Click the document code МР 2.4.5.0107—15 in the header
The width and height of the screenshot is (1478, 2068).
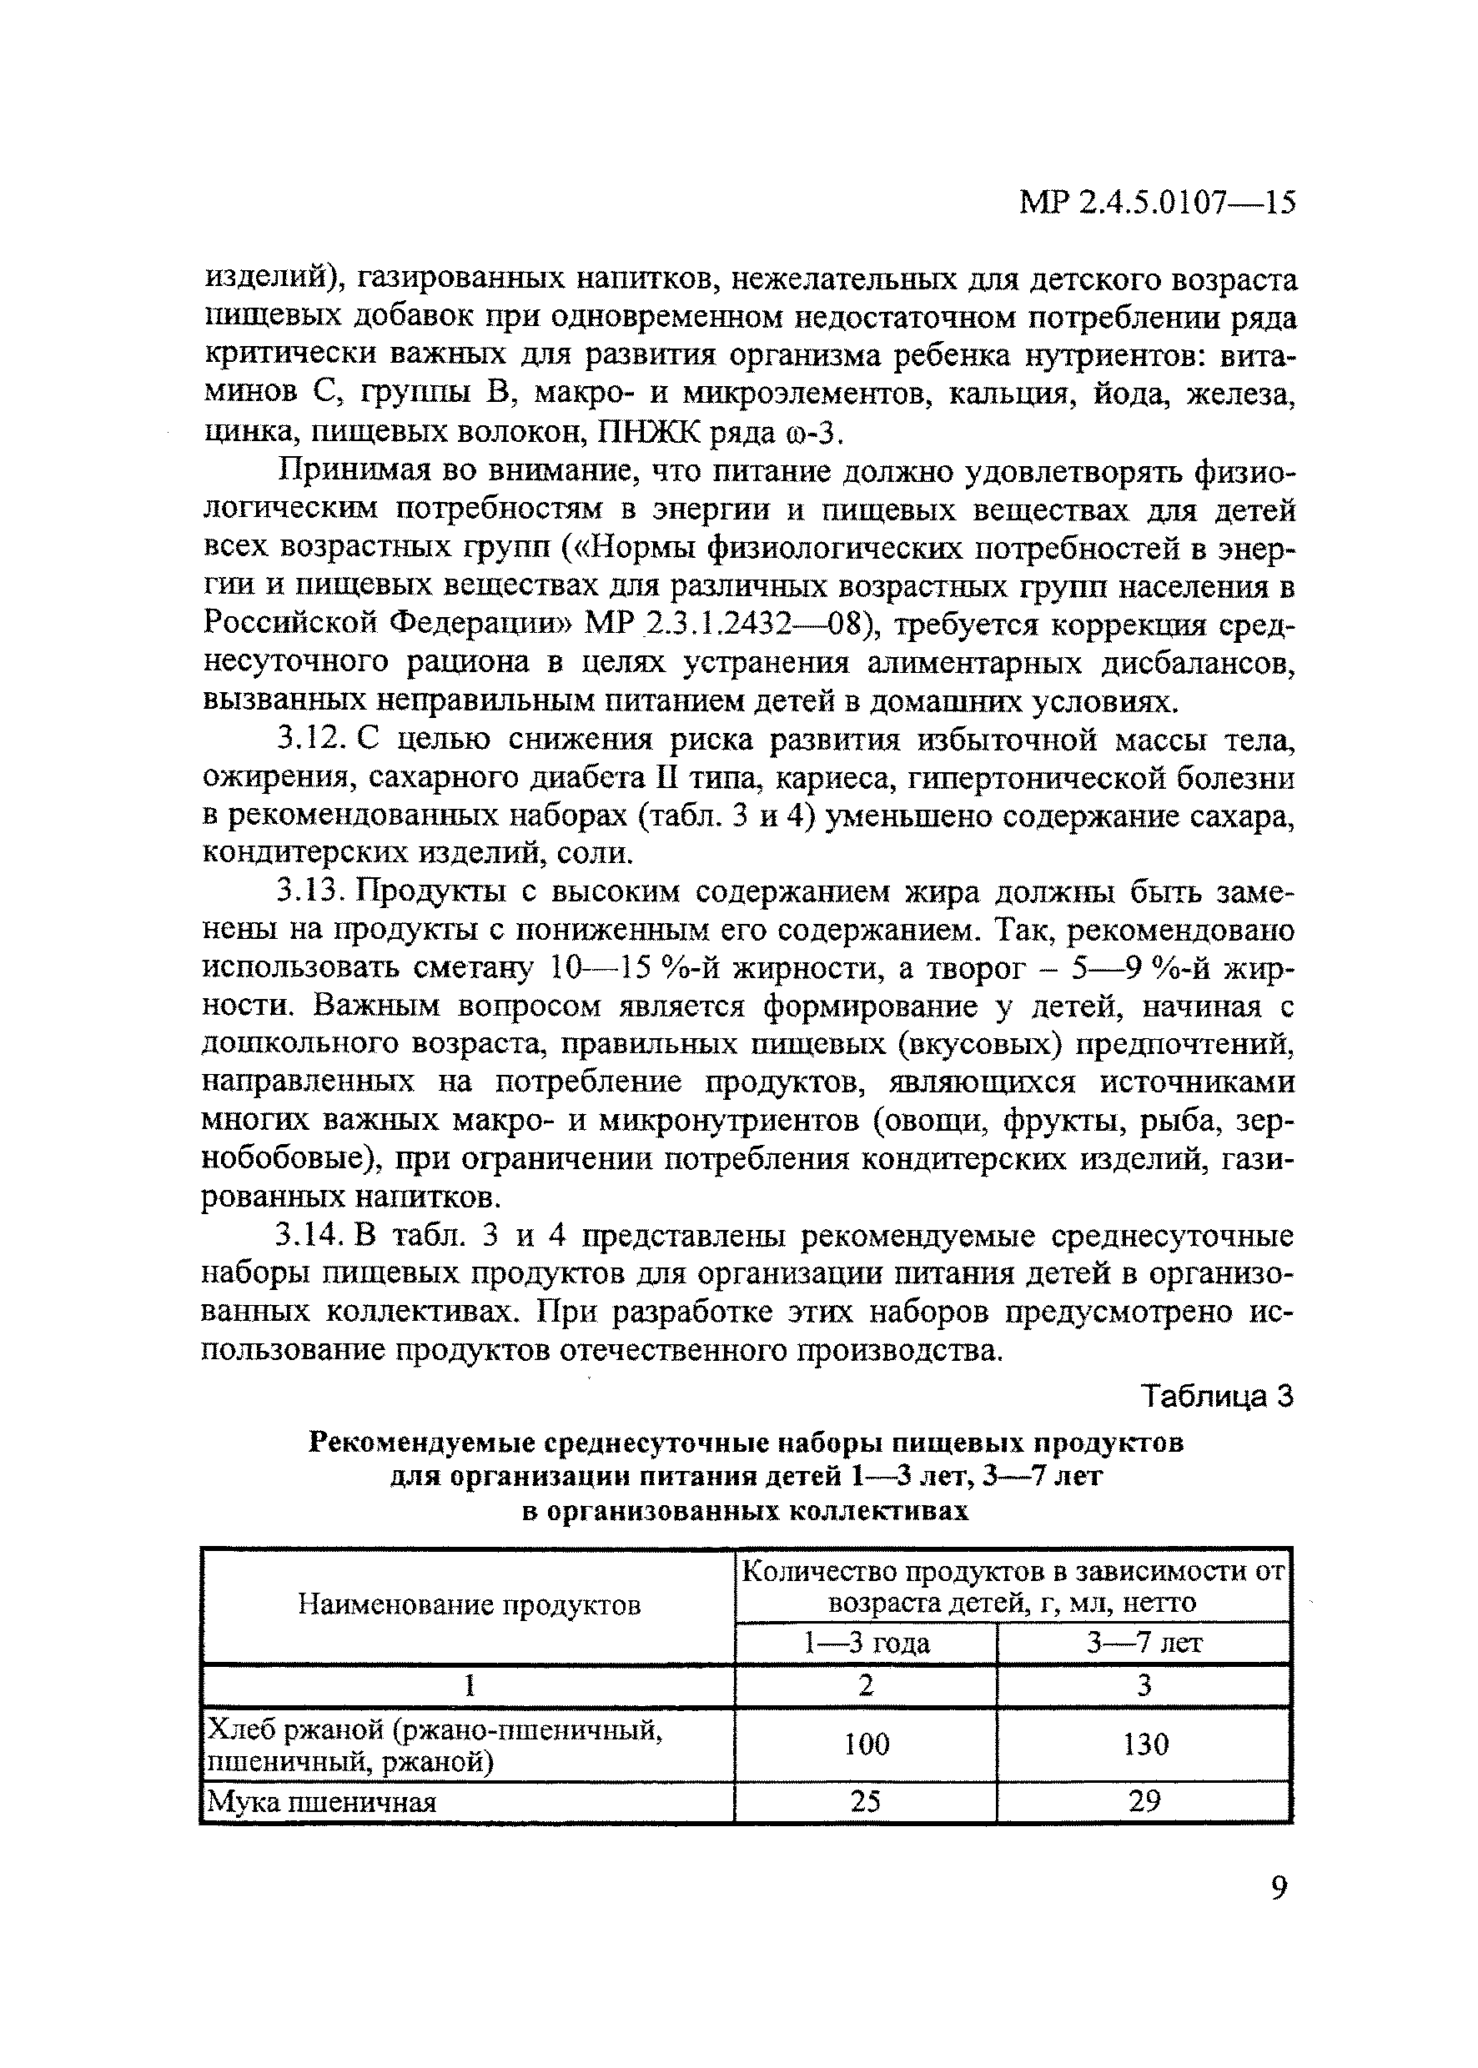tap(1156, 202)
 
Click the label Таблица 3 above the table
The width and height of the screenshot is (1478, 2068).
tap(1216, 1396)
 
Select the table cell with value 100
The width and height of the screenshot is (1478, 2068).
tap(866, 1744)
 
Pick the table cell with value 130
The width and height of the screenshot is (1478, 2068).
tap(1145, 1744)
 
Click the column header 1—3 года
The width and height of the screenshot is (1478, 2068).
tap(866, 1643)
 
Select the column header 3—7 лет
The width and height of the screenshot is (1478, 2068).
tap(1145, 1643)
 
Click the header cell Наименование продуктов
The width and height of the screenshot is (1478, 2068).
tap(469, 1605)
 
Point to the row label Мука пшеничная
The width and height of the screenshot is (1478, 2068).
tap(323, 1801)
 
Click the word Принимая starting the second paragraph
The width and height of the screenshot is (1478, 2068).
tap(351, 471)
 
